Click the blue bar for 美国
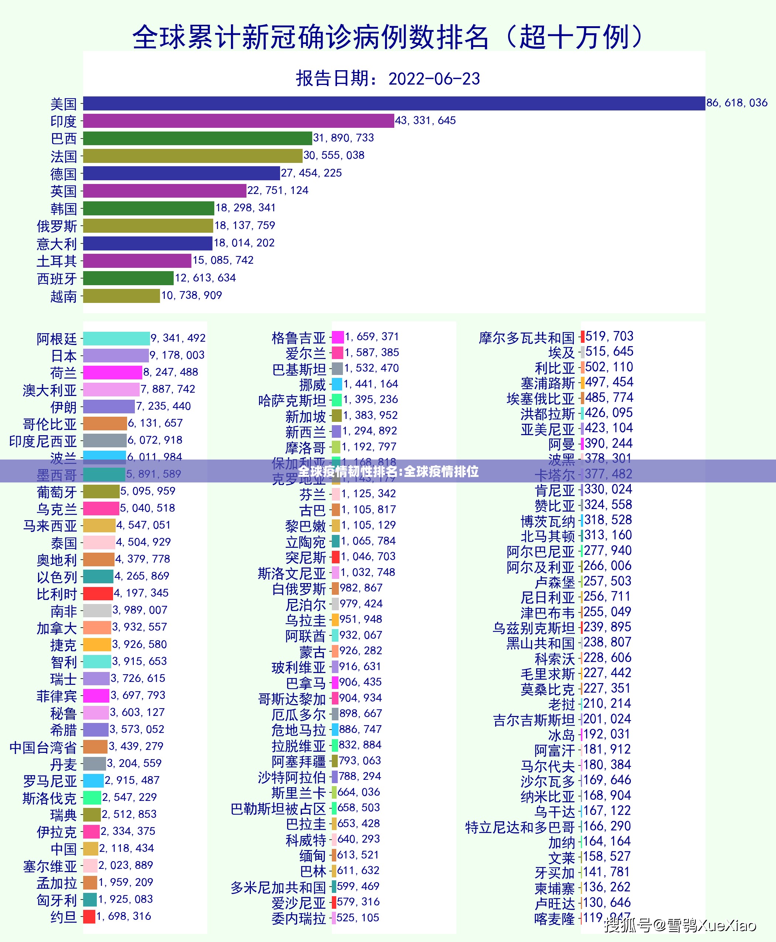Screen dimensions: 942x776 coord(394,103)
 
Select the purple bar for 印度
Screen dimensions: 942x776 coord(238,121)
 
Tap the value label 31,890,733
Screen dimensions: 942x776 coord(343,138)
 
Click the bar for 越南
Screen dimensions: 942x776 coord(121,296)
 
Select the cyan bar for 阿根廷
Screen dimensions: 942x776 coord(116,338)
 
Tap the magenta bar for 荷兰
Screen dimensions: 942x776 coord(112,372)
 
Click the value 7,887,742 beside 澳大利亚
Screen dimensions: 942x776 coord(168,389)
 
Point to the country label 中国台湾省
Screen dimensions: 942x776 coord(43,748)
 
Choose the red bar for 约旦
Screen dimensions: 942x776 coord(89,917)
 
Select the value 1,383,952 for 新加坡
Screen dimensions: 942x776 coord(371,415)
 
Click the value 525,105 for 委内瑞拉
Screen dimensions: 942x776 coord(358,918)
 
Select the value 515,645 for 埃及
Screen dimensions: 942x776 coord(609,352)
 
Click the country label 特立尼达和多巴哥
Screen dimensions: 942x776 coord(520,827)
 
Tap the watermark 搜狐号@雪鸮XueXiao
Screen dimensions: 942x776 coord(680,925)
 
